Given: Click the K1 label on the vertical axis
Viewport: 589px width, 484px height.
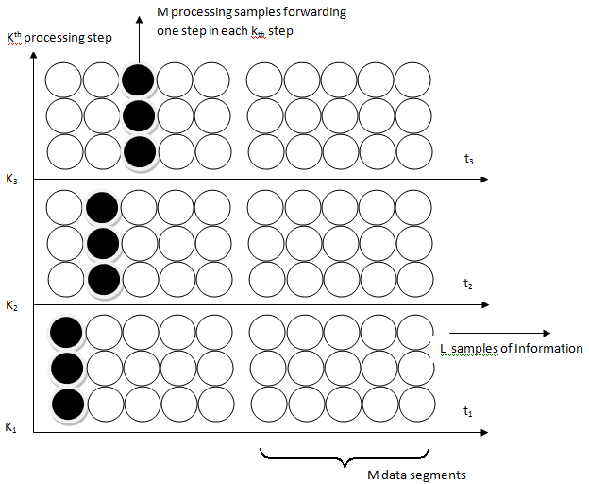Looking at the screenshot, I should point(10,428).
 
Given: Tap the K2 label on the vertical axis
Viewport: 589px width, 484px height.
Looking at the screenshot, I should point(10,304).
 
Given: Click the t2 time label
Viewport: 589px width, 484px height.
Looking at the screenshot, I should point(467,284).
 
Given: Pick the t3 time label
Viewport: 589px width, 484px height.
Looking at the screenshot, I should point(468,161).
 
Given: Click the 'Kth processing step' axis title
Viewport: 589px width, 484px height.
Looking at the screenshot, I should point(59,37).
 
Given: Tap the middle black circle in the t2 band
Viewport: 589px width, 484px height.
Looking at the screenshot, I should point(102,243).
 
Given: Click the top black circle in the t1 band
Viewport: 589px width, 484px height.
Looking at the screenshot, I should point(66,331).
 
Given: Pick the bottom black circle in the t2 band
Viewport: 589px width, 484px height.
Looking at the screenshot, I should point(102,279).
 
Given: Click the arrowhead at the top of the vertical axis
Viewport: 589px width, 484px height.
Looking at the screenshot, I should point(34,54).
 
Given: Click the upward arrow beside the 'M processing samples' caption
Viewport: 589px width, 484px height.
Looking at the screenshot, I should point(139,28).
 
